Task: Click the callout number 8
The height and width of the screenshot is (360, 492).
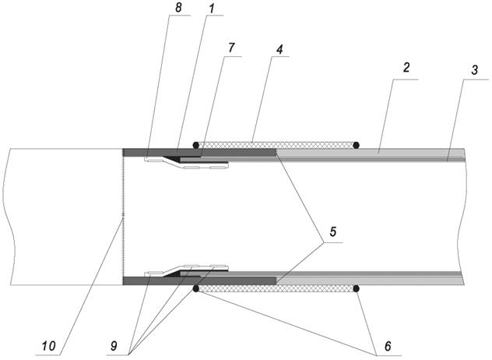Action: [178, 8]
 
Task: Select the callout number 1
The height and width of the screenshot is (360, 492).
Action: [212, 9]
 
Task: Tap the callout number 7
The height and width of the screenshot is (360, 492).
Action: [231, 48]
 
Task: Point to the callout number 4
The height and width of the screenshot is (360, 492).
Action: [279, 49]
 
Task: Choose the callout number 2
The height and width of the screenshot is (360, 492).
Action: [406, 68]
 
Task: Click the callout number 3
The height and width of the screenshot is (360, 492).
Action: [474, 69]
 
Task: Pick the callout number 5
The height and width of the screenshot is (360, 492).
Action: [332, 231]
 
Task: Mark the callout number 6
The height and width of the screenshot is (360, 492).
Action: [388, 346]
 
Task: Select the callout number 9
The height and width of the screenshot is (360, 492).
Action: [114, 345]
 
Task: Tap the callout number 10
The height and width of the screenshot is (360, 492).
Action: [48, 346]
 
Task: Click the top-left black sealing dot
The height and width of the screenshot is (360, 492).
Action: [196, 145]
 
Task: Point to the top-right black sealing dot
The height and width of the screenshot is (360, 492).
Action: [356, 145]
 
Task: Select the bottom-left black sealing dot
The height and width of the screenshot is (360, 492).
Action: [196, 288]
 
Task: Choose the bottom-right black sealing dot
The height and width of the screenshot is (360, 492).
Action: [356, 288]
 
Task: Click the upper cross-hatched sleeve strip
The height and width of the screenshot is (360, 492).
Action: [276, 145]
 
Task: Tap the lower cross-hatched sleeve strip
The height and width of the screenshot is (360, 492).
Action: [276, 288]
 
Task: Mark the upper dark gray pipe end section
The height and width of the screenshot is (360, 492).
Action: [199, 153]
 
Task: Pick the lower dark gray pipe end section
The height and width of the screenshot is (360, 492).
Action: [199, 281]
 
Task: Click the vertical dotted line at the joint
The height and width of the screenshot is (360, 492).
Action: [123, 217]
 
